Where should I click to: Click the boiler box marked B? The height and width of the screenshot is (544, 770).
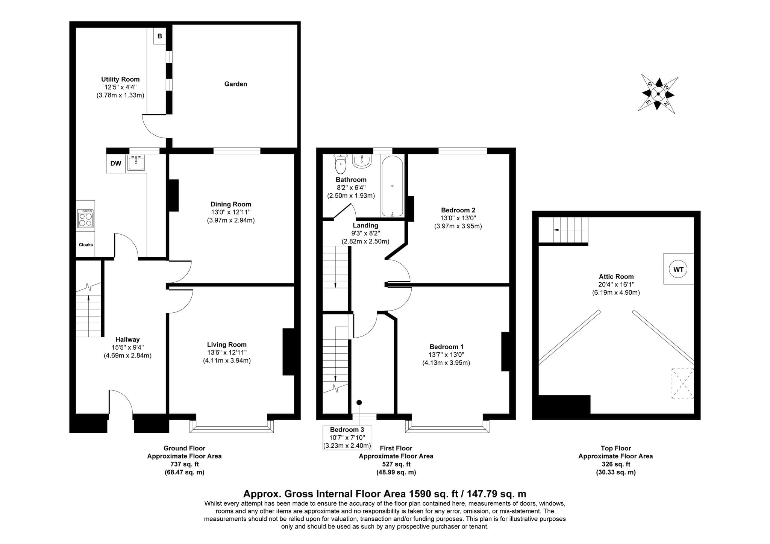[160, 36]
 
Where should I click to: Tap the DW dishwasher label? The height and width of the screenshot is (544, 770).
[116, 164]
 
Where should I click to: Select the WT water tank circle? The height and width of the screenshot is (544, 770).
[678, 269]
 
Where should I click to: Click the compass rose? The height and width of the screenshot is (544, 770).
[658, 94]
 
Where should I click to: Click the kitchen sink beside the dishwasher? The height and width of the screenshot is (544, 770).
[136, 163]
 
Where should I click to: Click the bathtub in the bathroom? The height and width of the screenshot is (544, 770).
[393, 186]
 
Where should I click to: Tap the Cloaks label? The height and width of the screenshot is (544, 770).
[86, 245]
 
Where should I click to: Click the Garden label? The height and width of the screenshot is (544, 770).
[236, 84]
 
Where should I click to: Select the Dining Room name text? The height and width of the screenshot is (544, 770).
[231, 204]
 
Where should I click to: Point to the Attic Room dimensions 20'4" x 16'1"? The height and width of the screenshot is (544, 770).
[616, 285]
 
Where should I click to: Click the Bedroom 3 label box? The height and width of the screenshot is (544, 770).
[347, 438]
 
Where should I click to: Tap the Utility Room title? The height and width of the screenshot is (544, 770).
[120, 79]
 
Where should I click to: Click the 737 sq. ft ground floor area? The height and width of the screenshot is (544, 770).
[185, 464]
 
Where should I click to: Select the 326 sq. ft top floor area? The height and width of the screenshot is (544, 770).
[616, 464]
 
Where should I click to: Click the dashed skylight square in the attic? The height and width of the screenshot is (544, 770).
[682, 383]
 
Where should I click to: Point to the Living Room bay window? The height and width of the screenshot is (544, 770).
[231, 427]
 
